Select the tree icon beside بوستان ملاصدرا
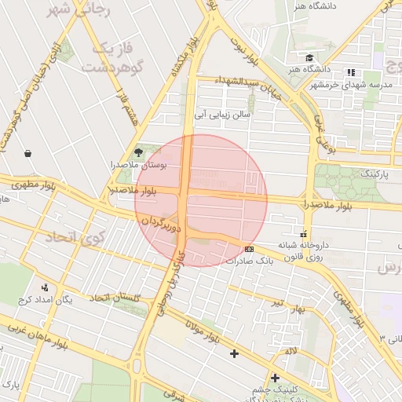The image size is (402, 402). [x=139, y=150]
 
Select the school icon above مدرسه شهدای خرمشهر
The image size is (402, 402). [x=350, y=72]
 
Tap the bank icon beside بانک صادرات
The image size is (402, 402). [x=250, y=249]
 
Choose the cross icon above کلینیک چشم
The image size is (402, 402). [x=275, y=378]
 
